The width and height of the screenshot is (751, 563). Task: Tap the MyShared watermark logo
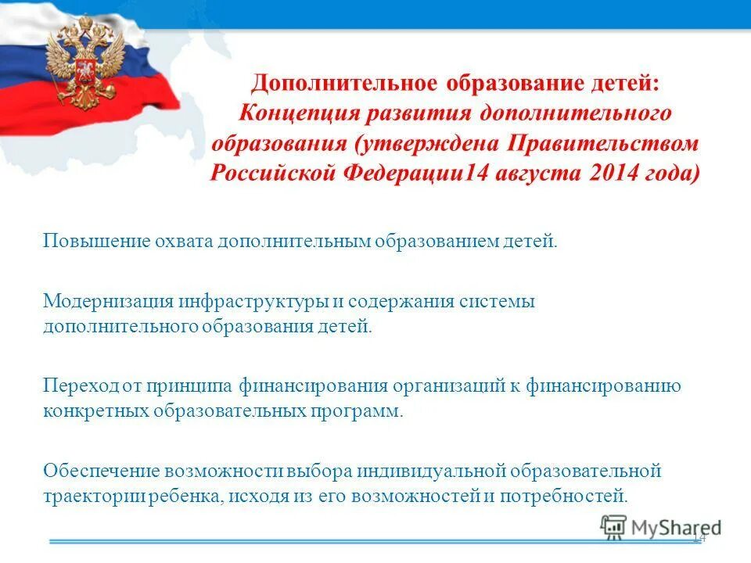pyautogui.click(x=661, y=528)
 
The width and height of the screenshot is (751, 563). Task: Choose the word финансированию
pyautogui.click(x=604, y=385)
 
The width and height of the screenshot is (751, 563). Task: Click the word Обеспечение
pyautogui.click(x=101, y=471)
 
